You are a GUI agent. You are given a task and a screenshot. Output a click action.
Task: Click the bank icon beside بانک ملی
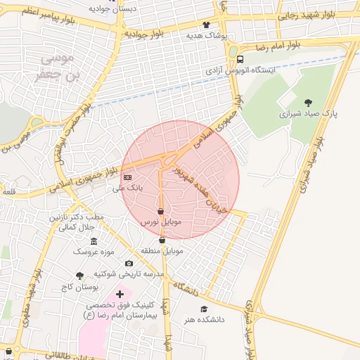[x=127, y=177]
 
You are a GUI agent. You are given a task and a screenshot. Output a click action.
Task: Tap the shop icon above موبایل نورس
[x=161, y=211]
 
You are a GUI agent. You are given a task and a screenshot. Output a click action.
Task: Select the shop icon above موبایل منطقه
[x=162, y=240]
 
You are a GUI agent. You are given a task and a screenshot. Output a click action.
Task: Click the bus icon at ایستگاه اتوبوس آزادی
[x=240, y=60]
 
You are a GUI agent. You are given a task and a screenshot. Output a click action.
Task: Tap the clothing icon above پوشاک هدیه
[x=206, y=25]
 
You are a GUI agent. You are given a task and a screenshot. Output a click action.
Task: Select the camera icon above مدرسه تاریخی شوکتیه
[x=129, y=264]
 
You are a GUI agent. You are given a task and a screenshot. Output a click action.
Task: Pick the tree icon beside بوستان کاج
[x=79, y=276]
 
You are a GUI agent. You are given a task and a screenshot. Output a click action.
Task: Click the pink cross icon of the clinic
[x=119, y=294]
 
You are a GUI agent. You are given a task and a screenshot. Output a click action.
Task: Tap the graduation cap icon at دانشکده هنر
[x=204, y=309]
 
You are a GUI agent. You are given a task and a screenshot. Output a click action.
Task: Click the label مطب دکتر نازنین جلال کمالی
[x=75, y=222]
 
